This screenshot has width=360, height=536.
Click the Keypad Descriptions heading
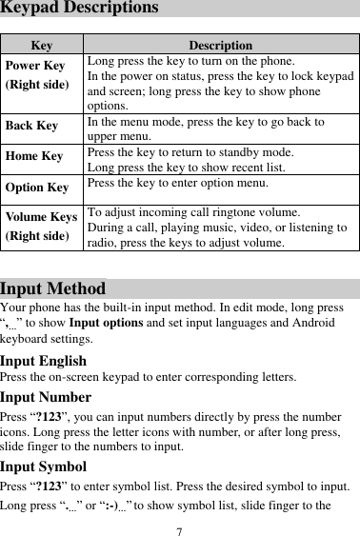pos(79,9)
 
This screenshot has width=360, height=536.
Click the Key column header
pos(42,45)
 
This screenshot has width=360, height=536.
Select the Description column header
pos(220,45)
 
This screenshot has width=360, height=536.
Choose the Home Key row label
pos(32,156)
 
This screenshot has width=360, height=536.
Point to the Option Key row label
pos(36,189)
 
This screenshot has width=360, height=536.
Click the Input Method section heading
pos(53,288)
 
